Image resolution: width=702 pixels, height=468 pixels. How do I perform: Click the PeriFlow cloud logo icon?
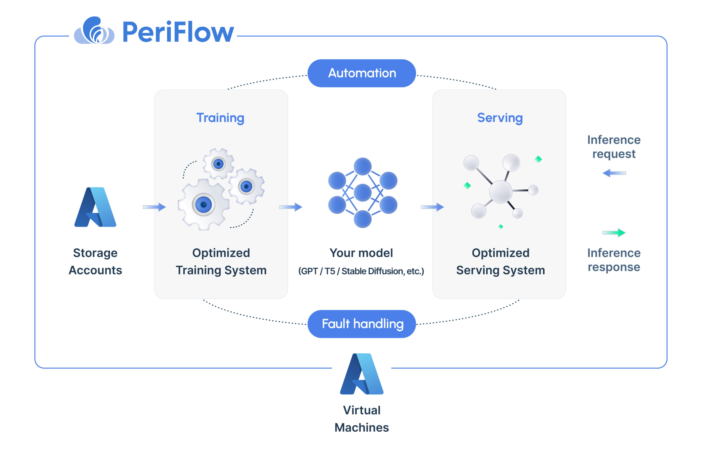pos(94,31)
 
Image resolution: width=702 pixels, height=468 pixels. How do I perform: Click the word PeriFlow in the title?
pos(178,32)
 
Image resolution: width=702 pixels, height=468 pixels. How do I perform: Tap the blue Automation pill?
pos(361,73)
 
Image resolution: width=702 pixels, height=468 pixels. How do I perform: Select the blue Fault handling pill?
pos(361,324)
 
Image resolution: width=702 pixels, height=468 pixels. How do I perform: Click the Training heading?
pos(220,118)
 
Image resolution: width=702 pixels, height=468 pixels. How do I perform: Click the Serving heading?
pos(500,118)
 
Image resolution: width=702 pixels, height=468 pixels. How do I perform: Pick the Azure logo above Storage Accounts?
pos(95,207)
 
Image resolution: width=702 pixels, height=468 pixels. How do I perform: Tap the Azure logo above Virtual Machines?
pos(361,374)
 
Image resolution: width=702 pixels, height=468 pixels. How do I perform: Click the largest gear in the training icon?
pos(203,205)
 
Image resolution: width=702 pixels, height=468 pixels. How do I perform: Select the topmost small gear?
pos(219,164)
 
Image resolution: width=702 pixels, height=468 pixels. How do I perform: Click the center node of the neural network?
pos(362,193)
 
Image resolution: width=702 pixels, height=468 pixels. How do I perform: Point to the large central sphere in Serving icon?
pos(501,192)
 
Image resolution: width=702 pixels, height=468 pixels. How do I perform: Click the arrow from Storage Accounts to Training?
pos(154,207)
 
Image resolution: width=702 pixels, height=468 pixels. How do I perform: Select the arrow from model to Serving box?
pos(432,207)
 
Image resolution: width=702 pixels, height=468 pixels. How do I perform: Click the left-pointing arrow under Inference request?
pos(614,173)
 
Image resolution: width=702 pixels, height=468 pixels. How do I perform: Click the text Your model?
pos(361,253)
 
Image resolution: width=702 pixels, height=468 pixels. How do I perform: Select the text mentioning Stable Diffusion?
pos(361,271)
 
